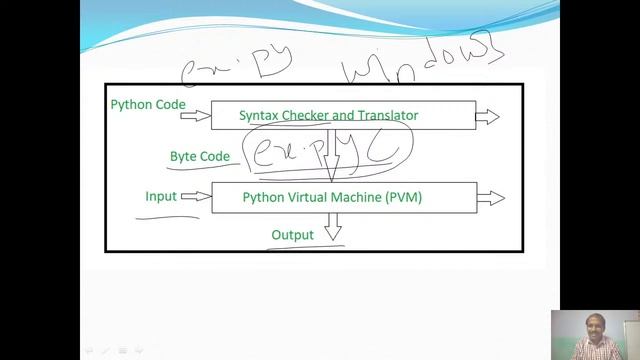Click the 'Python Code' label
pos(147,104)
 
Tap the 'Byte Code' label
pos(199,156)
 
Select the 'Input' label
pos(161,196)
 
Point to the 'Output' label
pos(292,235)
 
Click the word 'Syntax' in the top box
pos(259,116)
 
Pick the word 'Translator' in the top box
pos(384,116)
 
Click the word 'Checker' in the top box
pos(314,116)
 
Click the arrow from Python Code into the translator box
pos(196,116)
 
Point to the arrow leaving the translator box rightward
pos(487,117)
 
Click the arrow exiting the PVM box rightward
pos(491,198)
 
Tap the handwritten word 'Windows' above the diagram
pos(421,62)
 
